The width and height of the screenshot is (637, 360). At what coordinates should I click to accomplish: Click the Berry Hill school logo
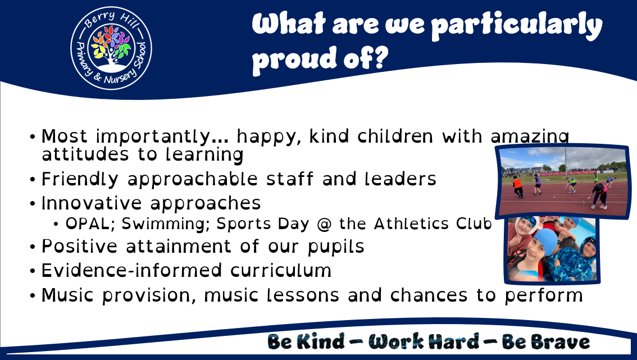pyautogui.click(x=111, y=48)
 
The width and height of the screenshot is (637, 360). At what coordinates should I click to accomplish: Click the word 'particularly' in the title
pyautogui.click(x=516, y=25)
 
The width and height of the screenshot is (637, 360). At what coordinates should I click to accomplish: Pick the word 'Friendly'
pyautogui.click(x=80, y=180)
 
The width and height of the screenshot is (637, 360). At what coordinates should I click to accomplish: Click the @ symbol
pyautogui.click(x=324, y=224)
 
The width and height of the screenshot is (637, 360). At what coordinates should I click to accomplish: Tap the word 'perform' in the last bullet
pyautogui.click(x=544, y=296)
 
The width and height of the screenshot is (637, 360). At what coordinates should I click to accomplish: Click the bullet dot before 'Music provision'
pyautogui.click(x=33, y=296)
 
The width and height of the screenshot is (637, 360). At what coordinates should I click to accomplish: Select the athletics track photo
pyautogui.click(x=563, y=181)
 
